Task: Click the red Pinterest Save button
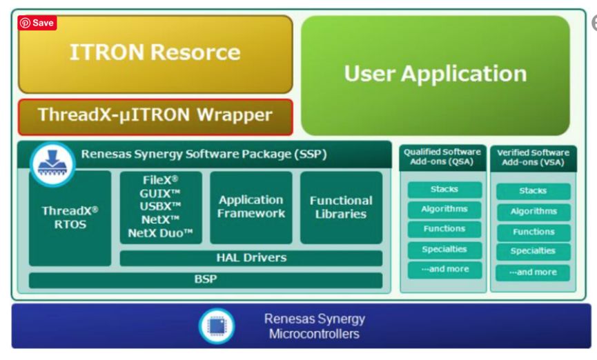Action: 37,23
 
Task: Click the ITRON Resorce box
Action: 155,53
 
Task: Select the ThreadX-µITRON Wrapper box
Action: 155,116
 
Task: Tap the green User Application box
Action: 435,74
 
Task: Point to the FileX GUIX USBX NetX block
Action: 161,208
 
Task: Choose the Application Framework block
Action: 251,207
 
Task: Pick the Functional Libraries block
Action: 341,207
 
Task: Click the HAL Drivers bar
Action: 251,258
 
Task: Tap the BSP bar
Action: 205,280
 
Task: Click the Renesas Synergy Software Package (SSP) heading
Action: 204,154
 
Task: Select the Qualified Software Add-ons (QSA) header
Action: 443,157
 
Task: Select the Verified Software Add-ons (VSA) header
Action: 532,157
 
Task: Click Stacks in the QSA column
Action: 444,189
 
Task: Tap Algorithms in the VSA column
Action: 533,212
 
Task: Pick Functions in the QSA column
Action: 444,229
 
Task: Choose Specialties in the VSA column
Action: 533,252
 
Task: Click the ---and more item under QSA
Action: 444,269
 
